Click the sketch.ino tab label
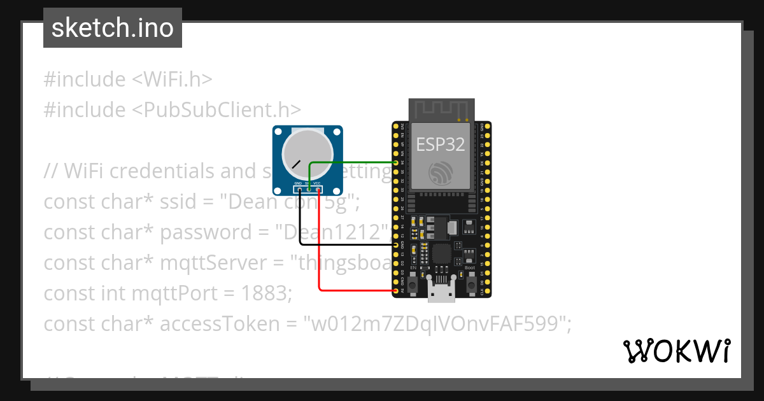[113, 28]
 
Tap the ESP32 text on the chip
[441, 144]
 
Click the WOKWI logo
[677, 351]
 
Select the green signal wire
[350, 163]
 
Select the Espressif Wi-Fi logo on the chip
[441, 172]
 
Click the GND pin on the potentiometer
[299, 189]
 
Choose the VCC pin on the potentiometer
[316, 189]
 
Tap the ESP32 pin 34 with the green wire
[396, 163]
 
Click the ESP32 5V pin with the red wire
[396, 291]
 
